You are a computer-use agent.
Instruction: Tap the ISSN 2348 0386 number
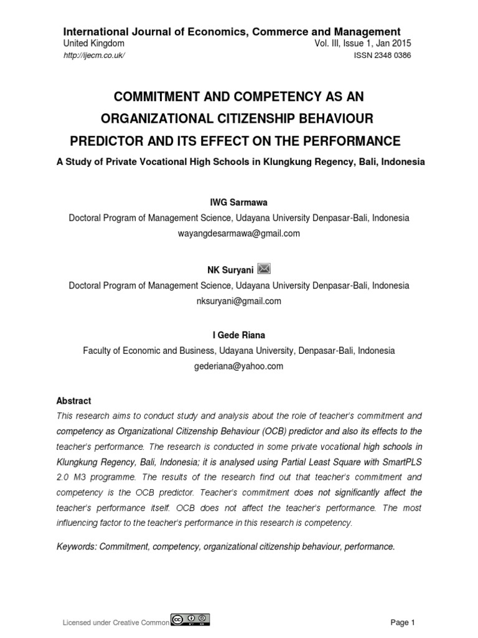[x=382, y=55]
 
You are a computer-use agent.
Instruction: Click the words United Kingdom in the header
[x=94, y=44]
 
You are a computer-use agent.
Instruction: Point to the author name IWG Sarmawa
[x=238, y=204]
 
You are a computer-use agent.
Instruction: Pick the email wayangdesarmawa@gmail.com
[x=238, y=234]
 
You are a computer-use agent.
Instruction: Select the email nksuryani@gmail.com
[x=238, y=301]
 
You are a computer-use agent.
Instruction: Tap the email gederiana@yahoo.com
[x=238, y=366]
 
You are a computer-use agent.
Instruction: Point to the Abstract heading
[x=73, y=401]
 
